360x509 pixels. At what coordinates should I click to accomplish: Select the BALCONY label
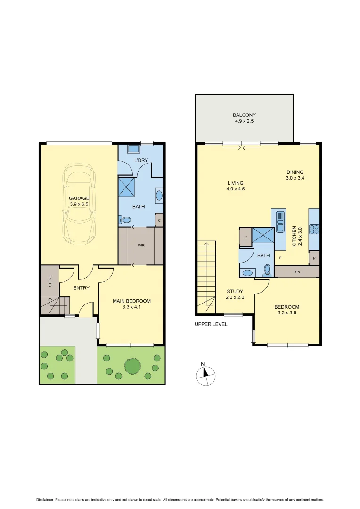244,115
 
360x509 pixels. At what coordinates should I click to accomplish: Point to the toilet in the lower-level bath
126,219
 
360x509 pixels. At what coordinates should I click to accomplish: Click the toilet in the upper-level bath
267,270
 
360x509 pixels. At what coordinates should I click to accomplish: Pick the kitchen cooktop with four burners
314,230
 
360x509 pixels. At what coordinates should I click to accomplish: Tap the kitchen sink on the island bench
280,222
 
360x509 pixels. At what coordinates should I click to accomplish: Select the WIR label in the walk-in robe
141,246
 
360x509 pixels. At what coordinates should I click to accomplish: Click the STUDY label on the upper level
234,291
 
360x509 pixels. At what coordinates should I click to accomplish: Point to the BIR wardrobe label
297,272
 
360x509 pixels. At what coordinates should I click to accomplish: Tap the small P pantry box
314,258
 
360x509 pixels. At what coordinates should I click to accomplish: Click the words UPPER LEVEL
211,324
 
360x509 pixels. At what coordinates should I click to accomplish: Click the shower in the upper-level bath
263,235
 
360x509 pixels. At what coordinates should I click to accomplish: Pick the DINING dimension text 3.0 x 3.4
295,179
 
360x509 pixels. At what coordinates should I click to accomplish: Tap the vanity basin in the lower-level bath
159,196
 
